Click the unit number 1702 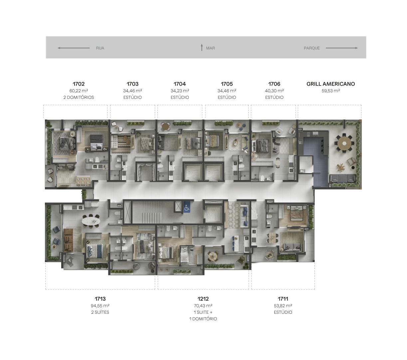pyautogui.click(x=79, y=84)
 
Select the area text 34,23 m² pyautogui.click(x=180, y=91)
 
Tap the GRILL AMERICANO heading pyautogui.click(x=330, y=84)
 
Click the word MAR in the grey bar pyautogui.click(x=210, y=48)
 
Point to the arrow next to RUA pyautogui.click(x=74, y=48)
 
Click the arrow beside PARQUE pyautogui.click(x=342, y=48)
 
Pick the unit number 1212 pyautogui.click(x=203, y=299)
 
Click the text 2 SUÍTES pyautogui.click(x=100, y=312)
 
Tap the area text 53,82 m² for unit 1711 pyautogui.click(x=283, y=305)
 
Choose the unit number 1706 pyautogui.click(x=274, y=84)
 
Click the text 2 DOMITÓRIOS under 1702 pyautogui.click(x=79, y=97)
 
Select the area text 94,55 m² pyautogui.click(x=100, y=305)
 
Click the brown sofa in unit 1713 pyautogui.click(x=68, y=240)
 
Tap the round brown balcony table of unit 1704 pyautogui.click(x=165, y=127)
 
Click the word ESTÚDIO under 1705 pyautogui.click(x=227, y=97)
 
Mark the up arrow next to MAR pyautogui.click(x=202, y=48)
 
